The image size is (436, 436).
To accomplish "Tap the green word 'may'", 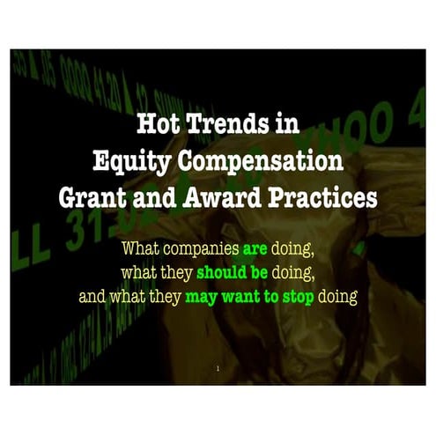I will tap(202, 296).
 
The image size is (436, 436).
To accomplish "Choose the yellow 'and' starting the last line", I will tap(92, 296).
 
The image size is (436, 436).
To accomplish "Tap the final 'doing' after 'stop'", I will tap(339, 296).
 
